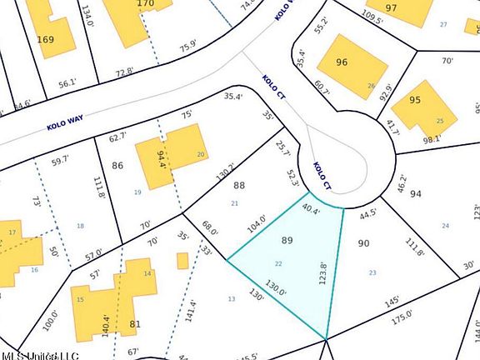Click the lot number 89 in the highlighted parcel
[x=287, y=240]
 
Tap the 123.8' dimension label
[x=323, y=272]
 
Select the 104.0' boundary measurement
[x=257, y=225]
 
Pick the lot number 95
[x=416, y=100]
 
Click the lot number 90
[x=362, y=243]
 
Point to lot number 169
[x=45, y=39]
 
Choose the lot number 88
[x=239, y=186]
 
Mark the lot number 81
[x=133, y=324]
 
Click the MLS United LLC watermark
[x=39, y=355]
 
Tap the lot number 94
[x=416, y=194]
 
